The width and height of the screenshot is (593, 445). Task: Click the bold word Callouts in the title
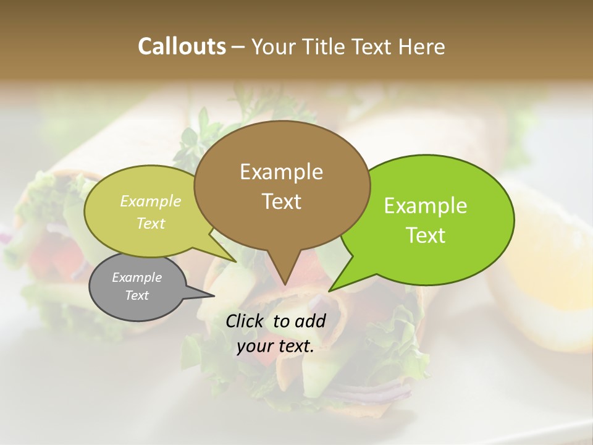pos(182,46)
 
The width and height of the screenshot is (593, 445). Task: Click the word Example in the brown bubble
pos(281,172)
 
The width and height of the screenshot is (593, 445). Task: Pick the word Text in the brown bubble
pos(281,201)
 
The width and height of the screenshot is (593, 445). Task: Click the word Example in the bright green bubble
pos(426,206)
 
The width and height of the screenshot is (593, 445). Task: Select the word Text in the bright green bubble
pos(426,235)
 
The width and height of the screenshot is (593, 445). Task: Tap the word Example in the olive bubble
pos(151,201)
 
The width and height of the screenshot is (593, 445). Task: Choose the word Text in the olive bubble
pos(151,223)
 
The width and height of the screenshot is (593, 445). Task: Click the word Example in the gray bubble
pos(137,278)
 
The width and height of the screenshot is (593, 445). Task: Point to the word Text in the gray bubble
pos(137,295)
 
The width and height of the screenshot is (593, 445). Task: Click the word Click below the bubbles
pos(246,321)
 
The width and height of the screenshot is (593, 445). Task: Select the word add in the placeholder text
pos(310,321)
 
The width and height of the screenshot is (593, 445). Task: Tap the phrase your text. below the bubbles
pos(275,347)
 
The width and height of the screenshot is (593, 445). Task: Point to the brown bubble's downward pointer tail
pos(284,272)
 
